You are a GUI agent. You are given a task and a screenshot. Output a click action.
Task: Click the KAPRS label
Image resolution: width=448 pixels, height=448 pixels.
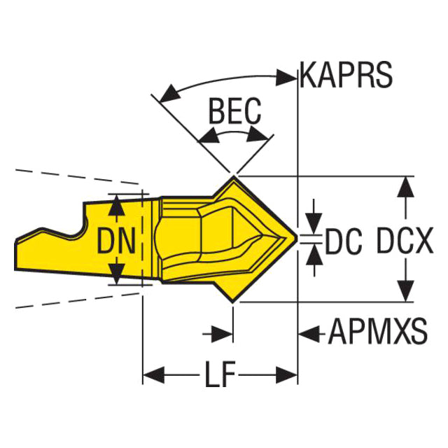[x=346, y=75]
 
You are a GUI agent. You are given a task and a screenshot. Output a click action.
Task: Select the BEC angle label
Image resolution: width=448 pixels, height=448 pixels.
[x=235, y=111]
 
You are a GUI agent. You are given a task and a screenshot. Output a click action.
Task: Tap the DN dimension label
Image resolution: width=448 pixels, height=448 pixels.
[x=116, y=241]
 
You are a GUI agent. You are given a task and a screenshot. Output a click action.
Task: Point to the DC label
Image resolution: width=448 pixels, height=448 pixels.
[x=343, y=241]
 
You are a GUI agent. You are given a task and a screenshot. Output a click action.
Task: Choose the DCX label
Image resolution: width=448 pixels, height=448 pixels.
[x=405, y=241]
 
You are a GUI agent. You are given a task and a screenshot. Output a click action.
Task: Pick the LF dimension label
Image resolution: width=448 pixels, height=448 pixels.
[x=220, y=374]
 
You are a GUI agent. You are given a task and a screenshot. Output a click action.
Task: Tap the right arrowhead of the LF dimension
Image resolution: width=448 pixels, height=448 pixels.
[x=286, y=374]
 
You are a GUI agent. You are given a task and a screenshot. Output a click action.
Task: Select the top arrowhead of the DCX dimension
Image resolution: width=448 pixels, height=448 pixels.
[x=405, y=187]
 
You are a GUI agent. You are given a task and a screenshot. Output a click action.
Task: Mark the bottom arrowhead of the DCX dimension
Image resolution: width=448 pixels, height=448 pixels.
[x=405, y=291]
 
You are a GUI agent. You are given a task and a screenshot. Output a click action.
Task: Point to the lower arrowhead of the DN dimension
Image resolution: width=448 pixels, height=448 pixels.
[x=117, y=274]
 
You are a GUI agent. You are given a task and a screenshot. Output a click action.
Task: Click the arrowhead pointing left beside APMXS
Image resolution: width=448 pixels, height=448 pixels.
[x=309, y=333]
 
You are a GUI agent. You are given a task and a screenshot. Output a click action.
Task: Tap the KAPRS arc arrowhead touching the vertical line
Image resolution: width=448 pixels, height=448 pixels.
[x=286, y=77]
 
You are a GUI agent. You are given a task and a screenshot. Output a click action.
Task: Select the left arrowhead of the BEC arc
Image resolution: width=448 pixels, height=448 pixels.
[x=209, y=135]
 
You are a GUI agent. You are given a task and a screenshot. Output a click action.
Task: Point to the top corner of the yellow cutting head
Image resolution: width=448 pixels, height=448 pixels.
[x=234, y=176]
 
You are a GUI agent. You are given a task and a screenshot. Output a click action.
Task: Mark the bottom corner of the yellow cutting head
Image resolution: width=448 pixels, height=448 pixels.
[x=233, y=302]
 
